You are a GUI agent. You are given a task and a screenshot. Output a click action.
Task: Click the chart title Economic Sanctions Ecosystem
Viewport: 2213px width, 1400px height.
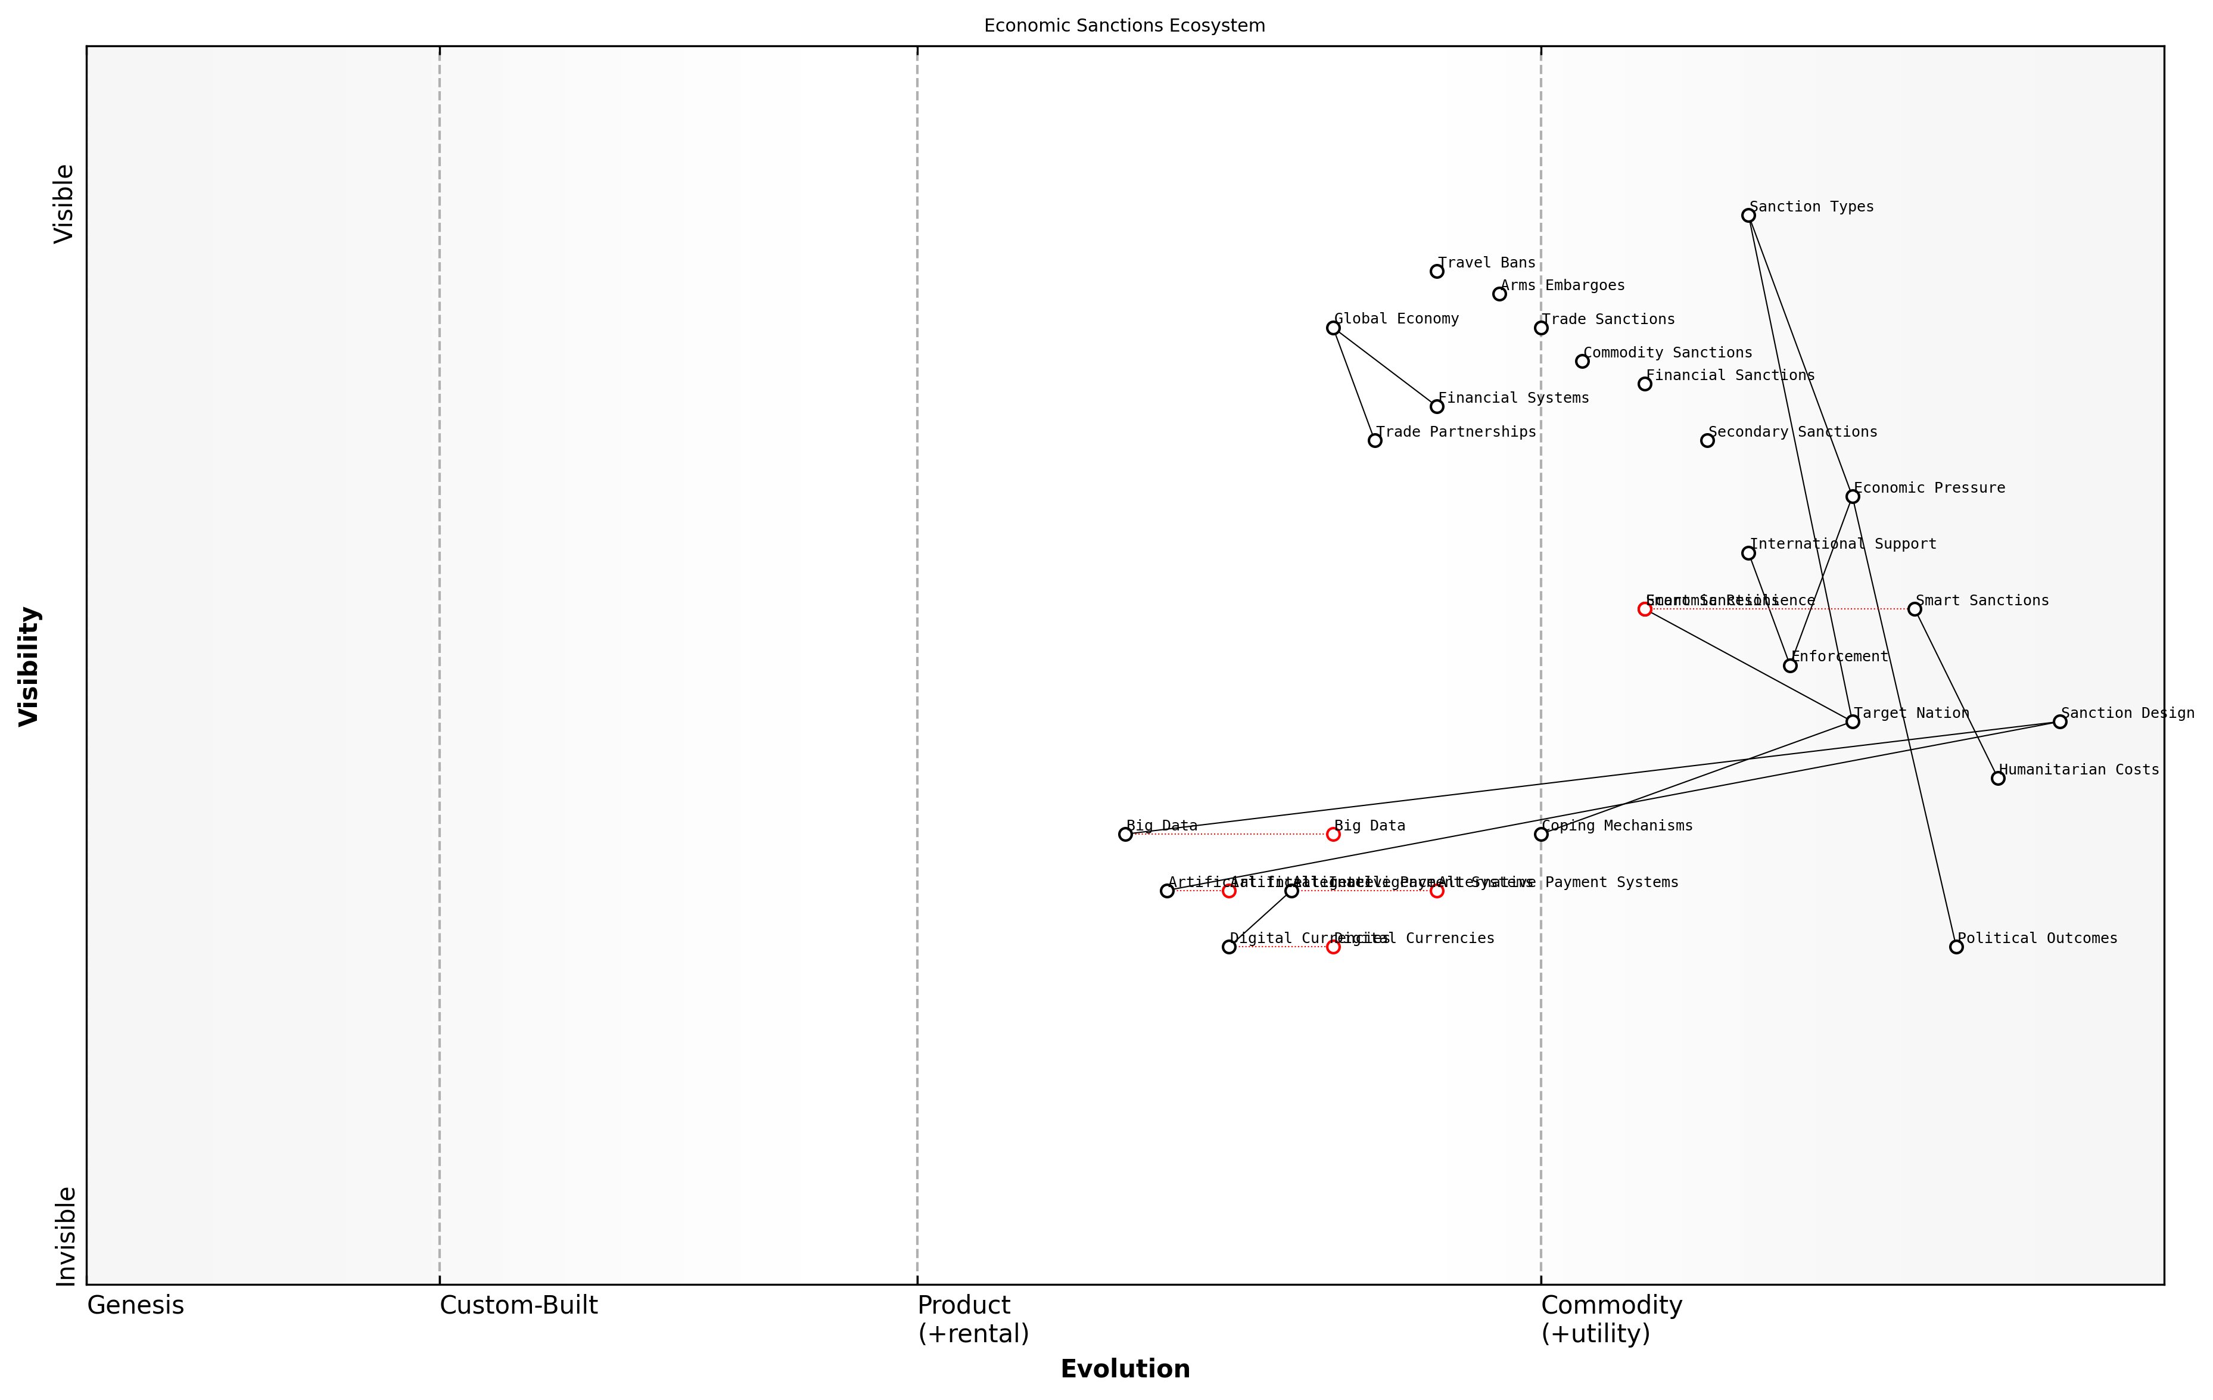(1124, 26)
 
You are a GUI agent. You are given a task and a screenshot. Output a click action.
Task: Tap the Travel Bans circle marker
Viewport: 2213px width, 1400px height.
(1436, 271)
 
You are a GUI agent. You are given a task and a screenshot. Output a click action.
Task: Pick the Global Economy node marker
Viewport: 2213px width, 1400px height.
(1333, 328)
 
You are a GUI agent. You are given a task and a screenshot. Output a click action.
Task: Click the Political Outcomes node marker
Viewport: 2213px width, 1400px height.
(1956, 947)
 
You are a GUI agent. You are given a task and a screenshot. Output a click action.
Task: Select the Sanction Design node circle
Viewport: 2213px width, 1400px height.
(2059, 721)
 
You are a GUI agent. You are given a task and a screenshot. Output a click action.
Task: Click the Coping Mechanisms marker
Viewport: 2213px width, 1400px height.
(1541, 835)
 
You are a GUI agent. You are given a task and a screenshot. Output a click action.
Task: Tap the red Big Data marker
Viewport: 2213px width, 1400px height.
(1333, 835)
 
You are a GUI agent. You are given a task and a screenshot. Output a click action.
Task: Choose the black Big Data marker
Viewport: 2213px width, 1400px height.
(1125, 835)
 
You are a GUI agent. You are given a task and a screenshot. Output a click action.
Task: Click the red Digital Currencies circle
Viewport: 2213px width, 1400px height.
(1333, 947)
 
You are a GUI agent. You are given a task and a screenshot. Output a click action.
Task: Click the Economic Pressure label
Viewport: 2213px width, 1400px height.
(1929, 488)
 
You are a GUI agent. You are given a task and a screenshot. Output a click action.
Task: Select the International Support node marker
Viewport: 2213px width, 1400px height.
(1748, 553)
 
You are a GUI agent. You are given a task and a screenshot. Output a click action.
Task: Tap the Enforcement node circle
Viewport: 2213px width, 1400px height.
(1789, 665)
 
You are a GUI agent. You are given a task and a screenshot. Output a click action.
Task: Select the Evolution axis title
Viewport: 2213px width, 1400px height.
(1125, 1369)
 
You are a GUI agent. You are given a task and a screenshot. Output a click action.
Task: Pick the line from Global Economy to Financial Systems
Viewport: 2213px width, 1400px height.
(1385, 368)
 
